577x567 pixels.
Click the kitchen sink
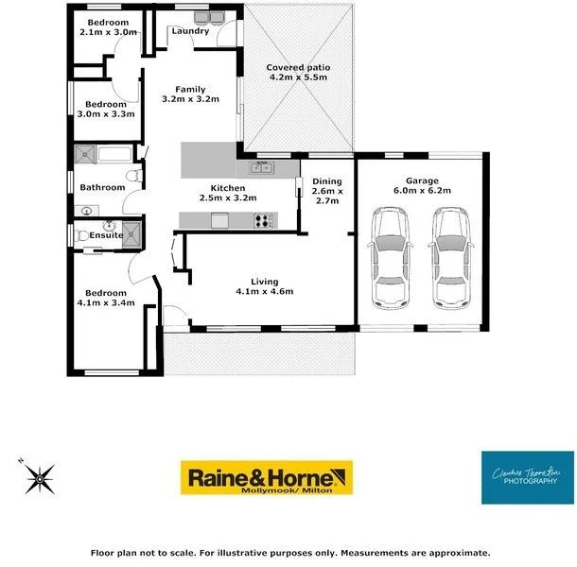coord(262,168)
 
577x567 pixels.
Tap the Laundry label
coord(190,31)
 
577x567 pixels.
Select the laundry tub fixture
coord(210,18)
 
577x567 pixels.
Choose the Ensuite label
coord(105,235)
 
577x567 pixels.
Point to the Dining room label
coord(326,181)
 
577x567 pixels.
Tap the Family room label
coord(190,90)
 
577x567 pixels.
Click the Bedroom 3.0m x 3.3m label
coord(106,104)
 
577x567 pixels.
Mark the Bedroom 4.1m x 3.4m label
coord(105,293)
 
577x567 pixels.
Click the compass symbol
coord(41,478)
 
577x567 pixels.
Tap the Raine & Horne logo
coord(267,478)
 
